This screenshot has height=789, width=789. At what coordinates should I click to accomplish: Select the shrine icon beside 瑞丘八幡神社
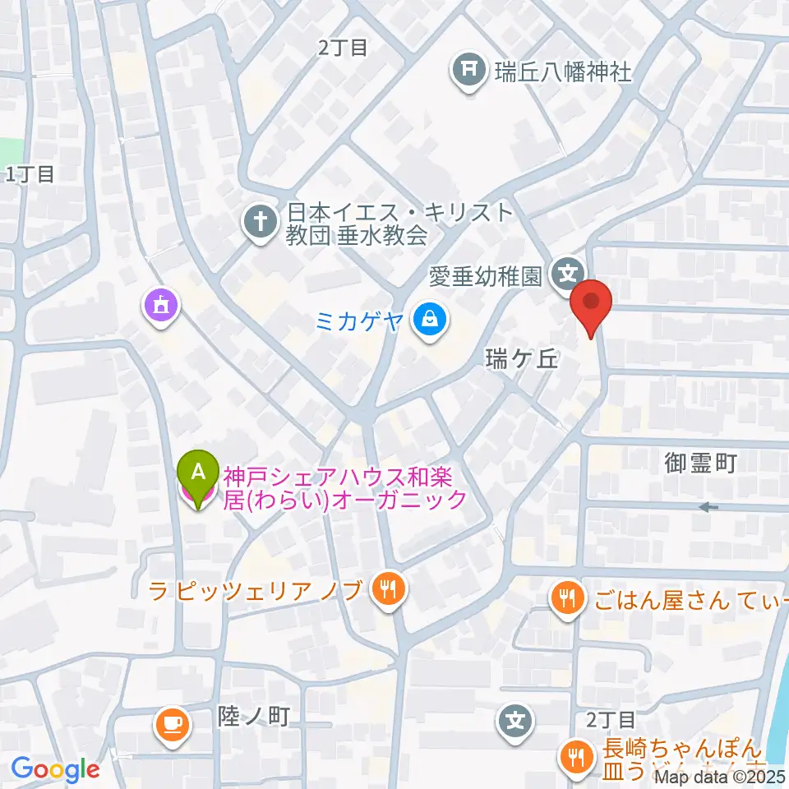point(468,72)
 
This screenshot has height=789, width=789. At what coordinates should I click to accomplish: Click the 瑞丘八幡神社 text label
point(563,72)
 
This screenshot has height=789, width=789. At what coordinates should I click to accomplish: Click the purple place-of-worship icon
point(162,306)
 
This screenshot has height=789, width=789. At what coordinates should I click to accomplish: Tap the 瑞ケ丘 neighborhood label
point(521,359)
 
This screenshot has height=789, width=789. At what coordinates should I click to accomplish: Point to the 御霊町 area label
point(700,464)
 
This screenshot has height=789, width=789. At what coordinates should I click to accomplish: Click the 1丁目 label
point(30,173)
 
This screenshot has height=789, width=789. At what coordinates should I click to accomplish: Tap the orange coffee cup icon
point(173,723)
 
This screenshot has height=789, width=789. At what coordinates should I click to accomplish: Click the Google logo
point(56,769)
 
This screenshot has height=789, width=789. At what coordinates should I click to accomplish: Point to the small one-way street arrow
point(707,508)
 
